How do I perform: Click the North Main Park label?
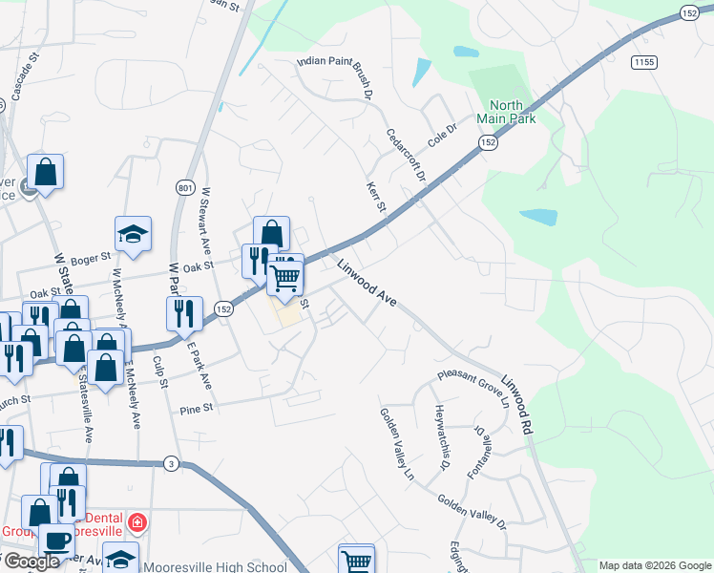(513, 112)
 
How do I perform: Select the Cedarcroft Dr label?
(401, 161)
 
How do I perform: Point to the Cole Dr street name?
(443, 132)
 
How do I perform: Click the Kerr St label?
(375, 198)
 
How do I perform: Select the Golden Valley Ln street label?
(397, 442)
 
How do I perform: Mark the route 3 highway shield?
(171, 464)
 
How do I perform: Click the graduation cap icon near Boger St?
(133, 233)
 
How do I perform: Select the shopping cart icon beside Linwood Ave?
(284, 278)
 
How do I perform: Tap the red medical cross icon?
(137, 522)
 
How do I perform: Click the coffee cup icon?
(55, 540)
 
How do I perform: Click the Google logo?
(31, 562)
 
